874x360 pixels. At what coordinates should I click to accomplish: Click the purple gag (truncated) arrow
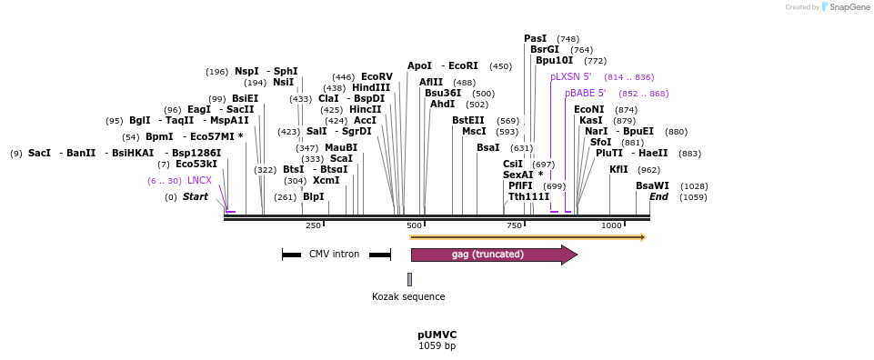491,255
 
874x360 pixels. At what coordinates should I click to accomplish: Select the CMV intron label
334,255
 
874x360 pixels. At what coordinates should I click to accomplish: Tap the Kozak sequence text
408,296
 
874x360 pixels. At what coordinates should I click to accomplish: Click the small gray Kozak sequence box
409,279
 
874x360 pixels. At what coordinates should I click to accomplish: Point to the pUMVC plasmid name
437,335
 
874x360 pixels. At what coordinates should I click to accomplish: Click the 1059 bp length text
437,346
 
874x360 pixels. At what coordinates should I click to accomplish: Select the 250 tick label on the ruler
313,225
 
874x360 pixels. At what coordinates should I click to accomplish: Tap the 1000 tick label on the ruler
611,225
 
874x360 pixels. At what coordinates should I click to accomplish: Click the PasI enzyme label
536,39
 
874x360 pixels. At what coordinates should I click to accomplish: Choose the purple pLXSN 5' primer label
570,77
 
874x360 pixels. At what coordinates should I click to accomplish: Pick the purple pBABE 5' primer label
585,94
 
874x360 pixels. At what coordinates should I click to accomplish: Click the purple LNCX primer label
199,181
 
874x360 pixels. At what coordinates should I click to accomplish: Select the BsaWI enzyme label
652,185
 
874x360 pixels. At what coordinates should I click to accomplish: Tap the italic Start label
195,197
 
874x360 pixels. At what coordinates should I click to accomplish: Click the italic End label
658,197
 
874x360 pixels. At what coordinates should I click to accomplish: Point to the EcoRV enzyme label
377,77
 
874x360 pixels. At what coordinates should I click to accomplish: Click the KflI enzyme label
618,170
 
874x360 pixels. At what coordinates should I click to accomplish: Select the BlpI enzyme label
313,197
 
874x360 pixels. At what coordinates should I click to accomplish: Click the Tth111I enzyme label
528,197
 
